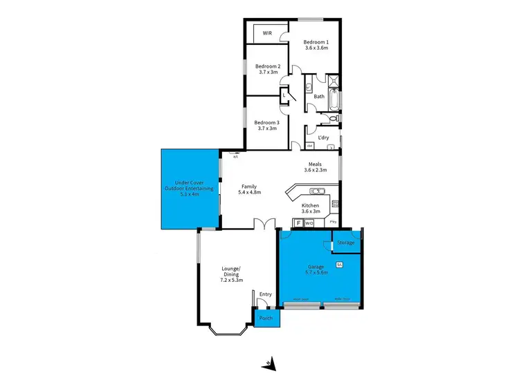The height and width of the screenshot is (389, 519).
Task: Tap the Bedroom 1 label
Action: pyautogui.click(x=316, y=46)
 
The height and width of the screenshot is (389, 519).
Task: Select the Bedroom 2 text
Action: pyautogui.click(x=268, y=70)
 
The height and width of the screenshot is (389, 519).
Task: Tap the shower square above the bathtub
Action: pyautogui.click(x=334, y=82)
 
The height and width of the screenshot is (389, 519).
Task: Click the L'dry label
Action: pyautogui.click(x=323, y=137)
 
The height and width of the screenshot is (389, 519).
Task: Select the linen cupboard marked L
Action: pyautogui.click(x=284, y=97)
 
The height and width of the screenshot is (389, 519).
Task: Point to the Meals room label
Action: pyautogui.click(x=315, y=167)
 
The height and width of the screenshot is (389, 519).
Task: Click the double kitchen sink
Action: pyautogui.click(x=318, y=191)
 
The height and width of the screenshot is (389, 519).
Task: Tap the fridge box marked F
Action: pyautogui.click(x=299, y=223)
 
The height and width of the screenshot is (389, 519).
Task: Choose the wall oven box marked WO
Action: pyautogui.click(x=309, y=223)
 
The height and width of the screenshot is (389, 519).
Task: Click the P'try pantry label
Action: pyautogui.click(x=334, y=222)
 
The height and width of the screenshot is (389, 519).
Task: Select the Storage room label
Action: pyautogui.click(x=346, y=243)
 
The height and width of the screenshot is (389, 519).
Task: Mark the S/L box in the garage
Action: pyautogui.click(x=339, y=265)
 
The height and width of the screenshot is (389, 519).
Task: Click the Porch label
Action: pyautogui.click(x=265, y=319)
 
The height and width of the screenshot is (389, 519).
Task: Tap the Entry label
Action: pyautogui.click(x=265, y=294)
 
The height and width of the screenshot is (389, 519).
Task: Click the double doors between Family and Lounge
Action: pyautogui.click(x=264, y=225)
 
